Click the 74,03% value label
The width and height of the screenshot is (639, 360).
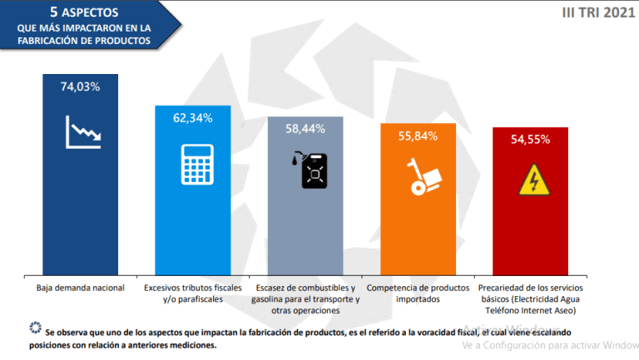tap(80, 86)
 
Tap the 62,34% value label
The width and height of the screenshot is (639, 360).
tap(193, 118)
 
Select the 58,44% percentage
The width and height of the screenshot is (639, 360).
tap(305, 129)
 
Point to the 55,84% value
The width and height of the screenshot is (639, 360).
tap(418, 136)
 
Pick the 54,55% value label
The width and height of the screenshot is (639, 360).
tap(530, 140)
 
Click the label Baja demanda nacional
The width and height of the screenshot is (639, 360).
tap(80, 288)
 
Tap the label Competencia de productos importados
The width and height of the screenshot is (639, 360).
tap(418, 293)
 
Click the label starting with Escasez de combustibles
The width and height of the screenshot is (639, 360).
tap(305, 298)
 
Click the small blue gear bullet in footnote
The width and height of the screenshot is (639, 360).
tap(35, 327)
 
